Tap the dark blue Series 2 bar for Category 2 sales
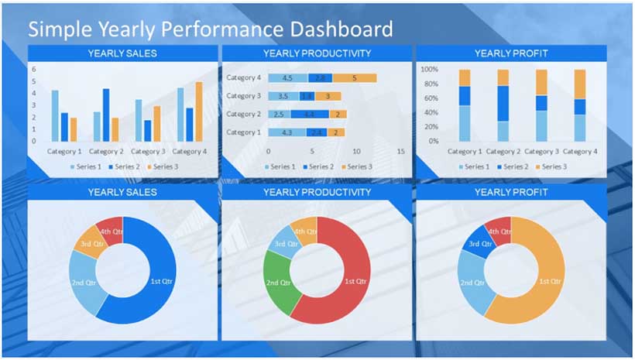[x=106, y=115]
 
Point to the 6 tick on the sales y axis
[x=34, y=69]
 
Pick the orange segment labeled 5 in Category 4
[x=354, y=78]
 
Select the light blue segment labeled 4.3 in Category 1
[x=286, y=132]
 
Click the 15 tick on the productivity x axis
[x=400, y=152]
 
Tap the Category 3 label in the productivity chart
[x=243, y=96]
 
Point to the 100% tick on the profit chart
[x=429, y=69]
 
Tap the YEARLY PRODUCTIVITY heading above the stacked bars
[x=317, y=53]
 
